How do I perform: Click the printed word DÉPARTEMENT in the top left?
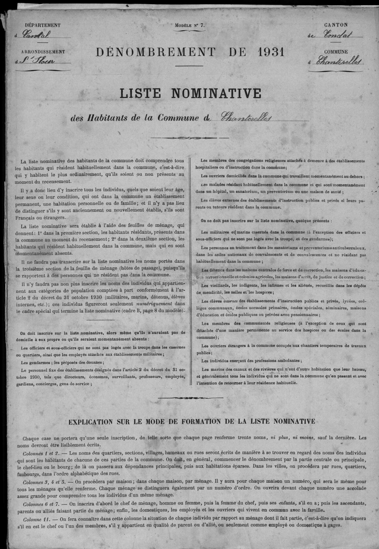pos(43,25)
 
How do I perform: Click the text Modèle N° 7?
pos(189,25)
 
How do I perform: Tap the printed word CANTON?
pos(336,25)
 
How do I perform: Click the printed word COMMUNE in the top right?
pos(336,52)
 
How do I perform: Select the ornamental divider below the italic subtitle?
pos(189,138)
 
